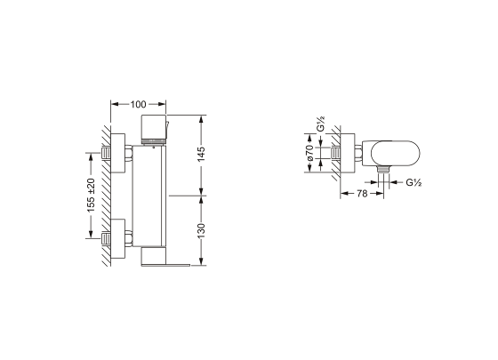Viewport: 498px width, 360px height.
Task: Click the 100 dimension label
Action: (138, 104)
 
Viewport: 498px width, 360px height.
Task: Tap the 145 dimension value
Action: (201, 154)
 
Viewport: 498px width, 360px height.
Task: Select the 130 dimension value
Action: (201, 231)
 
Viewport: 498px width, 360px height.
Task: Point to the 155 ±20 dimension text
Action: (91, 196)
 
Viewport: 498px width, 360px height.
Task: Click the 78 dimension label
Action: (362, 193)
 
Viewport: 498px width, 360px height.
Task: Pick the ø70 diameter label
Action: (310, 153)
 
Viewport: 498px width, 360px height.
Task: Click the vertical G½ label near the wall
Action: (321, 124)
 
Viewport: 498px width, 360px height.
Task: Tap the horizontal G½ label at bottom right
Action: (414, 182)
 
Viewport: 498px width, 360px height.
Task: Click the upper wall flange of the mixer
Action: (117, 153)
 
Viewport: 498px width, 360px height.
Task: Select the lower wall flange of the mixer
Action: (117, 238)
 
